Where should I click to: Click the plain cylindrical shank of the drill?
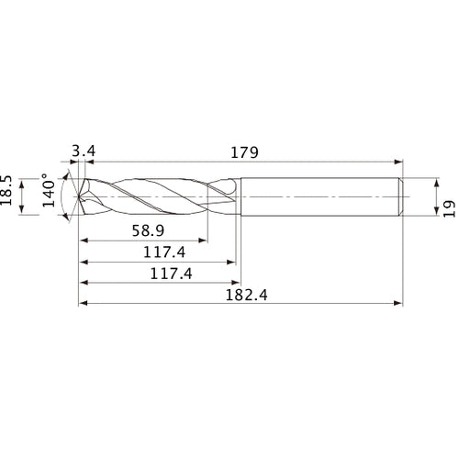pos(321,196)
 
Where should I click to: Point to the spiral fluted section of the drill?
pos(156,196)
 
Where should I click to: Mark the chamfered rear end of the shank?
pos(403,196)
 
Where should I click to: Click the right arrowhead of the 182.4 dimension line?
pos(400,303)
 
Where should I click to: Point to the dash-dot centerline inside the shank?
pos(321,196)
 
